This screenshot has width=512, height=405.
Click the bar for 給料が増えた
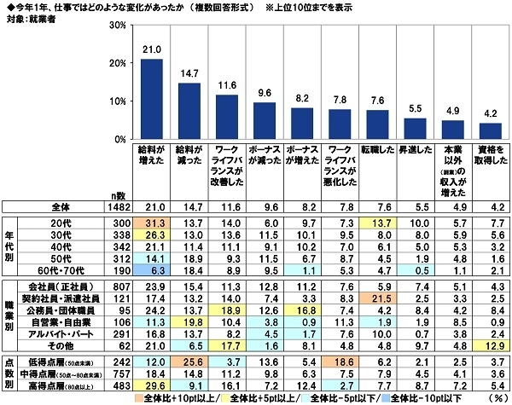point(152,99)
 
